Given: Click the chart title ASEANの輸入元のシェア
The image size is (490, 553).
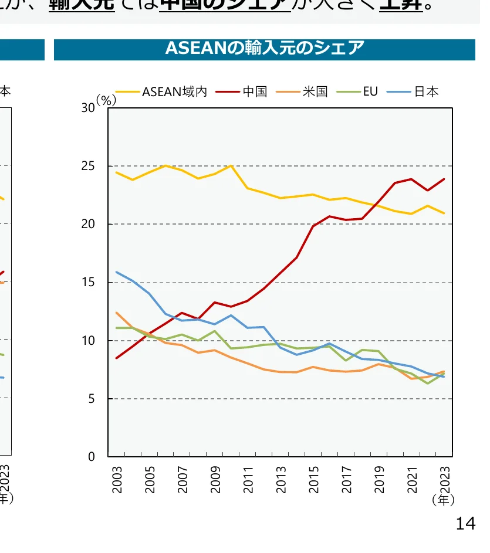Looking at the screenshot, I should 265,49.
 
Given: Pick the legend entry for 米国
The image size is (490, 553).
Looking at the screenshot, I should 315,91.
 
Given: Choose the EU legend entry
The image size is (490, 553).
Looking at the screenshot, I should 370,91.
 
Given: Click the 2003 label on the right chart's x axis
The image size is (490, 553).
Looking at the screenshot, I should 117,480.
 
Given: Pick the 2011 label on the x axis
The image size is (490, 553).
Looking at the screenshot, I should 249,480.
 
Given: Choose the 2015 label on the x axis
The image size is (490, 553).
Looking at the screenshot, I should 314,480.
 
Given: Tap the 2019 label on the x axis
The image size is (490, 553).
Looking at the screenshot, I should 380,480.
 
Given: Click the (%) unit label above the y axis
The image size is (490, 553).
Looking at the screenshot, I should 106,100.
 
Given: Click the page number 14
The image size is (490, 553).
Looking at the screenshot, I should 465,524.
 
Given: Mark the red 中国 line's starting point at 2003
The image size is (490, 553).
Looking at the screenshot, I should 116,358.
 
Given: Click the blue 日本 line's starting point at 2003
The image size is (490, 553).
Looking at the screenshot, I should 116,272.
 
